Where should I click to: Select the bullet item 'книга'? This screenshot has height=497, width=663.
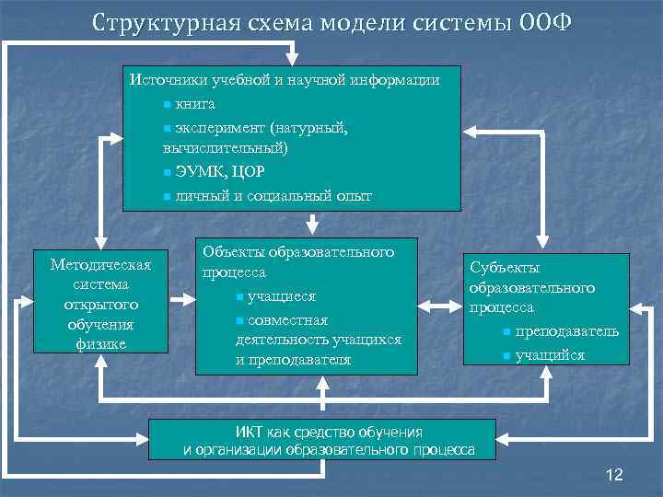(195, 104)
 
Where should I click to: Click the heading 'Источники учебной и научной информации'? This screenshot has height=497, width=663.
(285, 80)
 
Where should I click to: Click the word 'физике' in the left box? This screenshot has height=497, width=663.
(100, 344)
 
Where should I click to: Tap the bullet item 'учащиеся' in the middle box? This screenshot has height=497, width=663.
(282, 296)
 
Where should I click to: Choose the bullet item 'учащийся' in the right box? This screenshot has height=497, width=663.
(550, 355)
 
